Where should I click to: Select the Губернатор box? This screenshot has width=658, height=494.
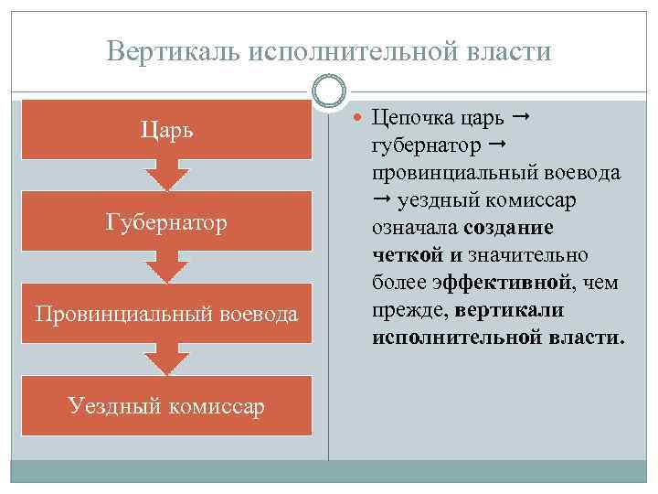click(x=165, y=222)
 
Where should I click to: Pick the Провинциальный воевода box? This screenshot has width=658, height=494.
click(x=165, y=314)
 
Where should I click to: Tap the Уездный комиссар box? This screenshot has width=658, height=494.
click(x=165, y=404)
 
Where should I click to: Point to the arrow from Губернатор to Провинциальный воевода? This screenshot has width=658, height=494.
click(x=165, y=267)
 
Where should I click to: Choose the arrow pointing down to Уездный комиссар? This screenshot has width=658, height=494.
click(x=165, y=359)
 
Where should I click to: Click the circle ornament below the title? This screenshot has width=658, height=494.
click(x=329, y=91)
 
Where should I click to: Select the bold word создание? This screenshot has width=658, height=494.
click(x=515, y=227)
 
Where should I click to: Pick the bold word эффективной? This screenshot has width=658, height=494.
click(x=502, y=282)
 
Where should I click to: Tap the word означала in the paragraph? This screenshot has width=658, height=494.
click(x=416, y=227)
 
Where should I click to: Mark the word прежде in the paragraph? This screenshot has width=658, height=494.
click(x=409, y=309)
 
